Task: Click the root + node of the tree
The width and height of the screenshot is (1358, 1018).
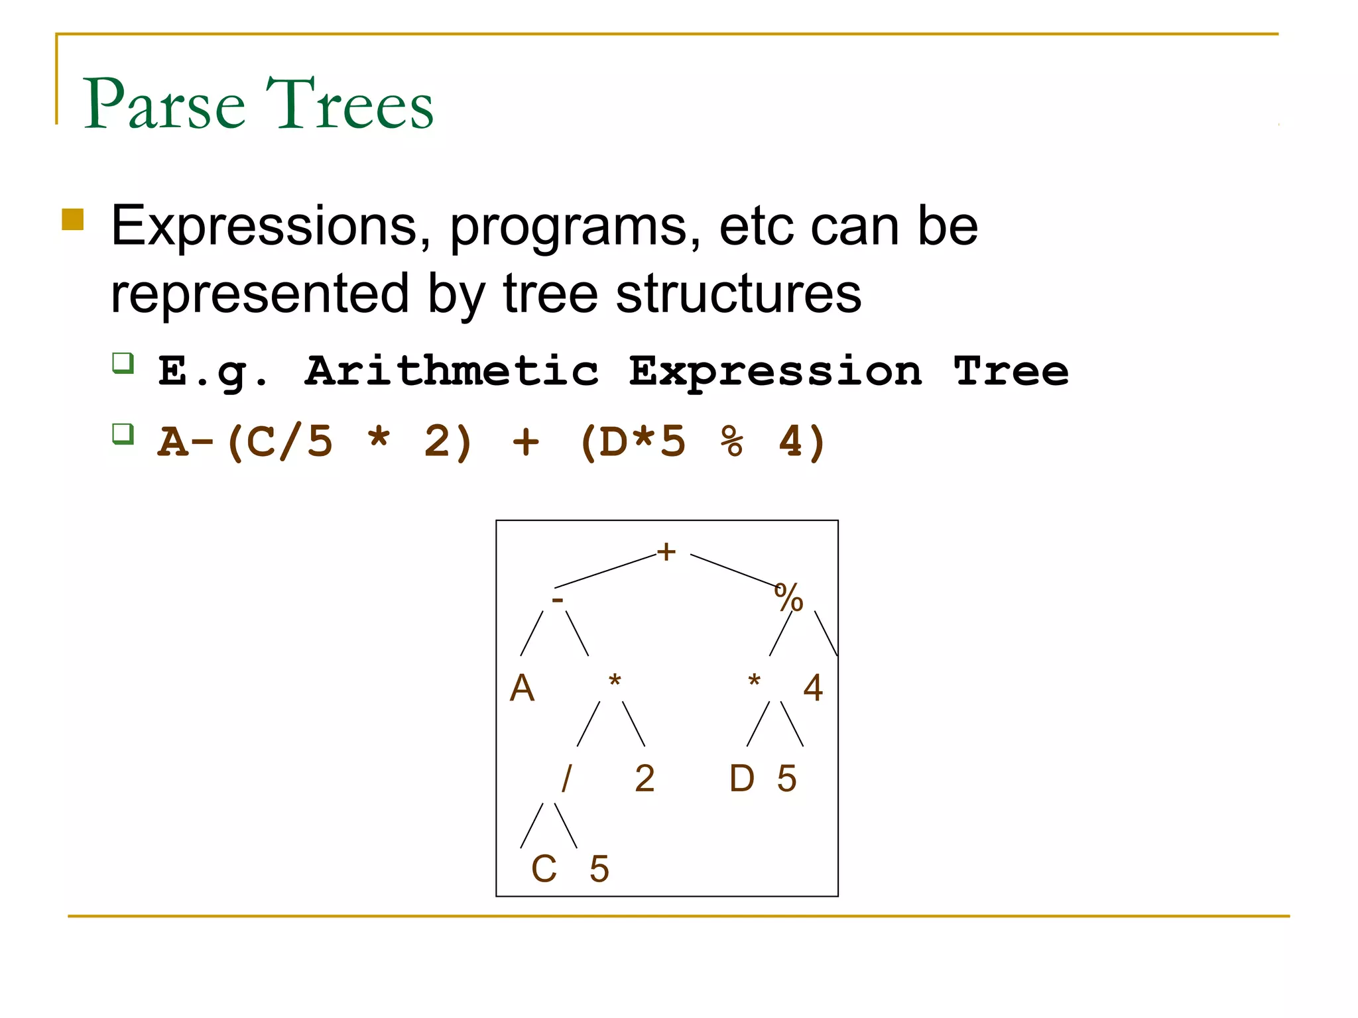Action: [x=666, y=551]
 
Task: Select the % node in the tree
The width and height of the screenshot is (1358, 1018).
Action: [x=788, y=597]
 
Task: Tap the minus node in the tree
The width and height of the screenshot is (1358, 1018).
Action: [x=558, y=600]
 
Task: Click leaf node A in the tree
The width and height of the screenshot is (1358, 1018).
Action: [x=522, y=688]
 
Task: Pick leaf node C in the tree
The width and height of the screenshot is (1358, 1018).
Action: [x=544, y=869]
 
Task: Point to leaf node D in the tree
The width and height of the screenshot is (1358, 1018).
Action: [x=742, y=779]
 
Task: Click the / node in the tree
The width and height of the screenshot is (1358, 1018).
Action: [x=566, y=778]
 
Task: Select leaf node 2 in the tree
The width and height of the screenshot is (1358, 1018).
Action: [x=645, y=779]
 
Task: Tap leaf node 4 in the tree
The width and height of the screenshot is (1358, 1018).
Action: [x=813, y=688]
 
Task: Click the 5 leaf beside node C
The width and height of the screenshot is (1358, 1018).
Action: [x=599, y=869]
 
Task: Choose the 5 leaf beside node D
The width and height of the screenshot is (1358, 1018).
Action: [x=787, y=779]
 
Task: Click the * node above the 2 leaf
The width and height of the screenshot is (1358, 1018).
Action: [x=615, y=681]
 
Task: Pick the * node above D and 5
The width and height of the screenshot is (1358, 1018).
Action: [x=754, y=681]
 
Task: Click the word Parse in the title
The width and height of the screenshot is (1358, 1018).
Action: [x=164, y=104]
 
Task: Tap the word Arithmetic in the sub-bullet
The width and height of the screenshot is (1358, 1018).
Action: [x=452, y=371]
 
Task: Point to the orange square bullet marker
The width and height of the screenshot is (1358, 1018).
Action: [x=73, y=219]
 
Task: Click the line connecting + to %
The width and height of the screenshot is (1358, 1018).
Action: [x=733, y=571]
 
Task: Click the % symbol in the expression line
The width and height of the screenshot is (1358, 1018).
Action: [x=732, y=441]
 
